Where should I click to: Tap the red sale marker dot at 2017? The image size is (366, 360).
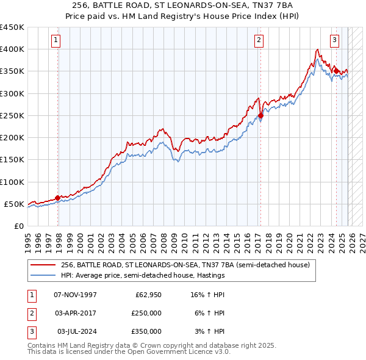pos(260,115)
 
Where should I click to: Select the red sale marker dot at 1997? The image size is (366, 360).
pos(58,198)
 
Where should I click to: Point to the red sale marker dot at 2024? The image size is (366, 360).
pos(336,71)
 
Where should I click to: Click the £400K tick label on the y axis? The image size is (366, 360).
pos(12,49)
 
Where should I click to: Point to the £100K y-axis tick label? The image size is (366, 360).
pos(12,182)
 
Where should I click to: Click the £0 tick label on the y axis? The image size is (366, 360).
pos(18,226)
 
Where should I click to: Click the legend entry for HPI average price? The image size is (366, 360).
pos(143,275)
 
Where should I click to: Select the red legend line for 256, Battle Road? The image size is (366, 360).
pos(44,265)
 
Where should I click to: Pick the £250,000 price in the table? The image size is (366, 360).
pos(146,312)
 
